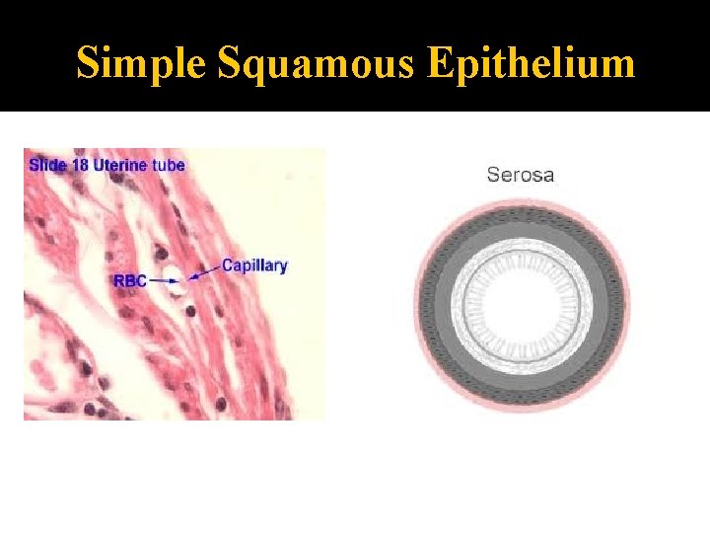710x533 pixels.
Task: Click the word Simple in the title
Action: point(141,63)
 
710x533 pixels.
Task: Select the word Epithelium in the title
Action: point(532,63)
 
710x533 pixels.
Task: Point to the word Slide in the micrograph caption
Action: point(47,165)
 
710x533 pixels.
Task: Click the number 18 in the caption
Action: point(81,165)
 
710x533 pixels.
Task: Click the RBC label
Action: point(130,281)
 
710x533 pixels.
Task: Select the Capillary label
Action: point(254,266)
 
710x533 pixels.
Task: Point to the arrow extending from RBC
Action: point(158,282)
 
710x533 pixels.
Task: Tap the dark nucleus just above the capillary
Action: point(169,259)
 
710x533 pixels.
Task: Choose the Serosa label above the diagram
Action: point(521,175)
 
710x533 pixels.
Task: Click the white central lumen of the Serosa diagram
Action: point(522,305)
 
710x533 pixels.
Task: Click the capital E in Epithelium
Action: point(440,63)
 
